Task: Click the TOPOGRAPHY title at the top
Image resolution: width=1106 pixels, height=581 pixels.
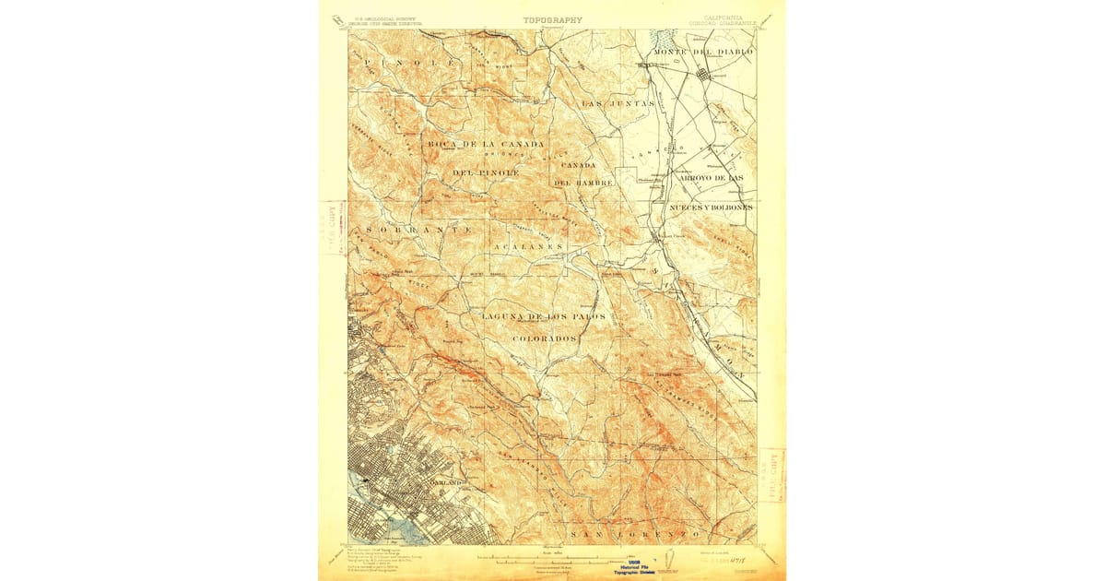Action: click(552, 19)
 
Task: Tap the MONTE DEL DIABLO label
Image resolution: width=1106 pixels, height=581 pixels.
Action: click(702, 52)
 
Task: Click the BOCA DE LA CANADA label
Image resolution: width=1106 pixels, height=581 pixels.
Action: click(486, 144)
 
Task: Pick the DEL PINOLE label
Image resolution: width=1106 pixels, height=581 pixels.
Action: click(486, 172)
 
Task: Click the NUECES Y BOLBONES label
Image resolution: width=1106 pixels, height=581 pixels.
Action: click(711, 207)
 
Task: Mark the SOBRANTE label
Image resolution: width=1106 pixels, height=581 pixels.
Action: click(420, 228)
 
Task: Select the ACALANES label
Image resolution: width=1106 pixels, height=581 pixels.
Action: click(526, 248)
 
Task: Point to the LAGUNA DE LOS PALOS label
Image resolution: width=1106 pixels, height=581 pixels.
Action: click(543, 316)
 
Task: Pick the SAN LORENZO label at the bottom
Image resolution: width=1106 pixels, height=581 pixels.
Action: click(636, 535)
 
